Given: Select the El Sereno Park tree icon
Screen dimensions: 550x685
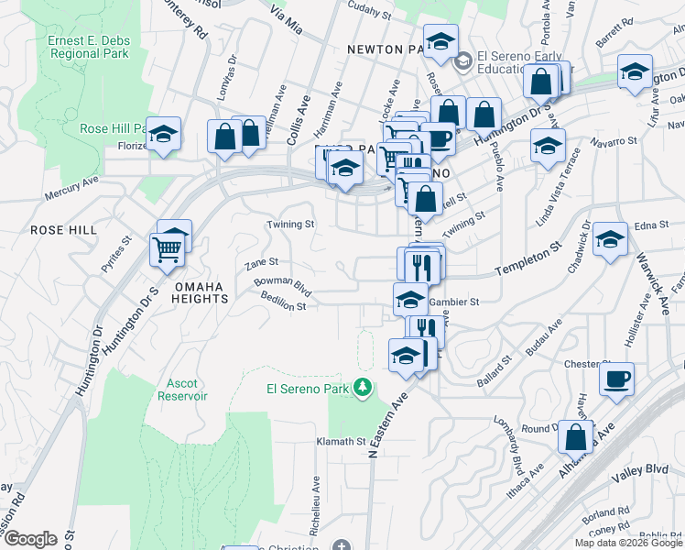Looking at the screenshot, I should pyautogui.click(x=364, y=389).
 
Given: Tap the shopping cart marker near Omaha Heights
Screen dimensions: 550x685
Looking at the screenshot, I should pyautogui.click(x=167, y=247).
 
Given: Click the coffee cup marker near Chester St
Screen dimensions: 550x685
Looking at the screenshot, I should pyautogui.click(x=616, y=378).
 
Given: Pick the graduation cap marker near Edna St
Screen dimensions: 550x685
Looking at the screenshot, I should pyautogui.click(x=610, y=240).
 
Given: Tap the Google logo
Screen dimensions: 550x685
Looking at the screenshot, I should pyautogui.click(x=29, y=539).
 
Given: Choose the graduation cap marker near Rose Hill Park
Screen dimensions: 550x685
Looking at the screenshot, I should pyautogui.click(x=163, y=135).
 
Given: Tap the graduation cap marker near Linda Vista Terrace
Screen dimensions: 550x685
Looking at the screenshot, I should pyautogui.click(x=548, y=146).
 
